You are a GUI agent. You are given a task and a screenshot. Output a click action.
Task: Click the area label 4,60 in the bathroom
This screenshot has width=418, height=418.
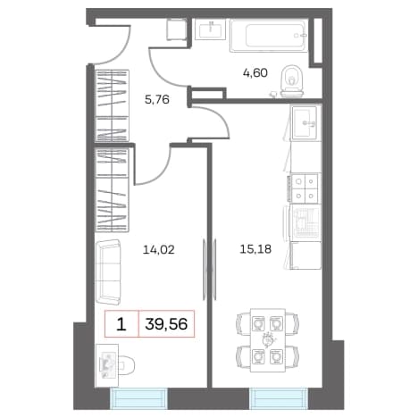[255, 73]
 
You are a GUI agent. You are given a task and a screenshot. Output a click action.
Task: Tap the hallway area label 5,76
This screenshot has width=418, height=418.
[157, 99]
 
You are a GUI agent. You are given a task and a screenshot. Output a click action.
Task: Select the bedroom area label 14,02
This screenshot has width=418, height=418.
[159, 249]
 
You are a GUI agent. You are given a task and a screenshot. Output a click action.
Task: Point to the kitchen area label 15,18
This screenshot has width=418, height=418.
[255, 249]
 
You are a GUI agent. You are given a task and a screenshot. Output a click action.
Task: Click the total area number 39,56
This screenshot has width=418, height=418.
[166, 324]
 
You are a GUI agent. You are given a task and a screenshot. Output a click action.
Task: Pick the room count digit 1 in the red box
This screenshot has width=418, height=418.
[121, 324]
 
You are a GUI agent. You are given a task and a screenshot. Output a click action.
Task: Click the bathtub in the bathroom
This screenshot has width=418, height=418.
[269, 36]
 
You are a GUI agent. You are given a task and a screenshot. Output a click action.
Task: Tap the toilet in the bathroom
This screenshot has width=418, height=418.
[292, 81]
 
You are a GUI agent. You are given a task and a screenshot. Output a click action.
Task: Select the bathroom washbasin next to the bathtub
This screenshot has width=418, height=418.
[211, 29]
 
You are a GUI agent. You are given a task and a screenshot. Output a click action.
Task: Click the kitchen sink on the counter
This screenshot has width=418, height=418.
[306, 122]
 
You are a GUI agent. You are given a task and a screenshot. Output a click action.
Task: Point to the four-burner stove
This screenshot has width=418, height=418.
[305, 188]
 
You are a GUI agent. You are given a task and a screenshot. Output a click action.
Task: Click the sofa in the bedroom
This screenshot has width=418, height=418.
[109, 272]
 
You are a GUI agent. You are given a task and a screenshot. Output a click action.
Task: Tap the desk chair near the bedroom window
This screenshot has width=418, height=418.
[126, 364]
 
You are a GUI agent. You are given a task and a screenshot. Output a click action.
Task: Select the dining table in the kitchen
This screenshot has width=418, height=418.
[268, 340]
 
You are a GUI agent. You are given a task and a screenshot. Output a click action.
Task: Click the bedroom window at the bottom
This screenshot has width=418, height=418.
[138, 398]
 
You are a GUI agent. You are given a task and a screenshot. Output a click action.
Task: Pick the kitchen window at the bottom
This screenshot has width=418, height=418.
[279, 398]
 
